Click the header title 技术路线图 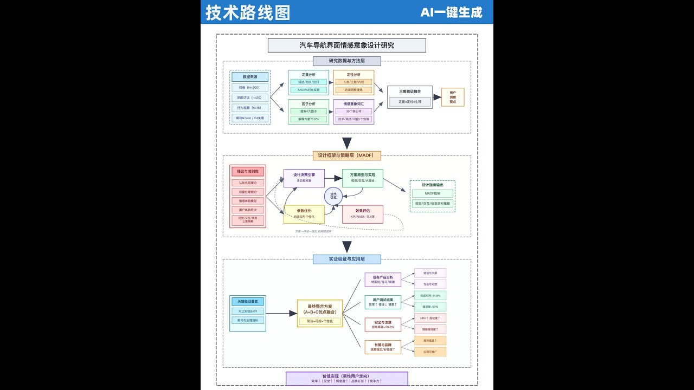point(248,12)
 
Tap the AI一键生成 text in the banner point(451,12)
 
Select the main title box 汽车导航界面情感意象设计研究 point(347,45)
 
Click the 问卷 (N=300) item point(249,88)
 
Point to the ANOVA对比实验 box point(309,90)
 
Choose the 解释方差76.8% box point(309,119)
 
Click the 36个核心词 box point(354,111)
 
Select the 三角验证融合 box point(410,97)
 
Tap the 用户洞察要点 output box point(453,97)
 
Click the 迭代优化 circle point(333,196)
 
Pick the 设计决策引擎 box point(304,178)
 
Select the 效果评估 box point(363,214)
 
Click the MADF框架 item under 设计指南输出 point(432,193)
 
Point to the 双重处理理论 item point(248,192)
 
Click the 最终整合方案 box point(320,313)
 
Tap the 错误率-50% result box point(430,307)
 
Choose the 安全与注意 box point(382,324)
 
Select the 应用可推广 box point(430,352)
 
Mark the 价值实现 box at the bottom point(347,378)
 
